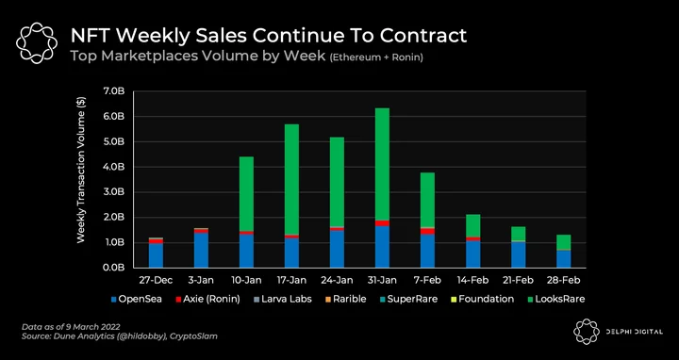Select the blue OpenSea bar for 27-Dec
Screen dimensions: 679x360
click(x=156, y=255)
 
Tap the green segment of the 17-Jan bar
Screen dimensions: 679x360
click(x=291, y=179)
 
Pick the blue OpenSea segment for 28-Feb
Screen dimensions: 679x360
click(x=564, y=259)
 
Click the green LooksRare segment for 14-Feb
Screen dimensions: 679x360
click(x=472, y=225)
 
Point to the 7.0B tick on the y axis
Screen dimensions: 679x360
click(x=114, y=91)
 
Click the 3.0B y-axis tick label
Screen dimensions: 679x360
click(x=114, y=192)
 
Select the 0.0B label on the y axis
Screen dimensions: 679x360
click(x=114, y=268)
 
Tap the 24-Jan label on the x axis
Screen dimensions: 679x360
click(x=337, y=281)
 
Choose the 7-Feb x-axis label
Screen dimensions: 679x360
click(x=427, y=281)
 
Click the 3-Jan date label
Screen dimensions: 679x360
click(x=202, y=281)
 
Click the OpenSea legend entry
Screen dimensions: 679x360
click(x=137, y=299)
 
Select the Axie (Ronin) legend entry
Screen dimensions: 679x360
click(x=207, y=299)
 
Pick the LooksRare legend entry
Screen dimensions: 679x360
click(x=556, y=299)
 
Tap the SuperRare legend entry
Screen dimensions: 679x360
click(x=407, y=299)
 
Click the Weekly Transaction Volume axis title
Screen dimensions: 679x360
click(x=81, y=170)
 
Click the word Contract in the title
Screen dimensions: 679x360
click(x=423, y=36)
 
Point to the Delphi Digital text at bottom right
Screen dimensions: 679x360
click(x=634, y=332)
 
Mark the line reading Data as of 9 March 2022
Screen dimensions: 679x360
click(x=71, y=327)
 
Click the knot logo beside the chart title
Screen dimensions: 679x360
click(x=37, y=43)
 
